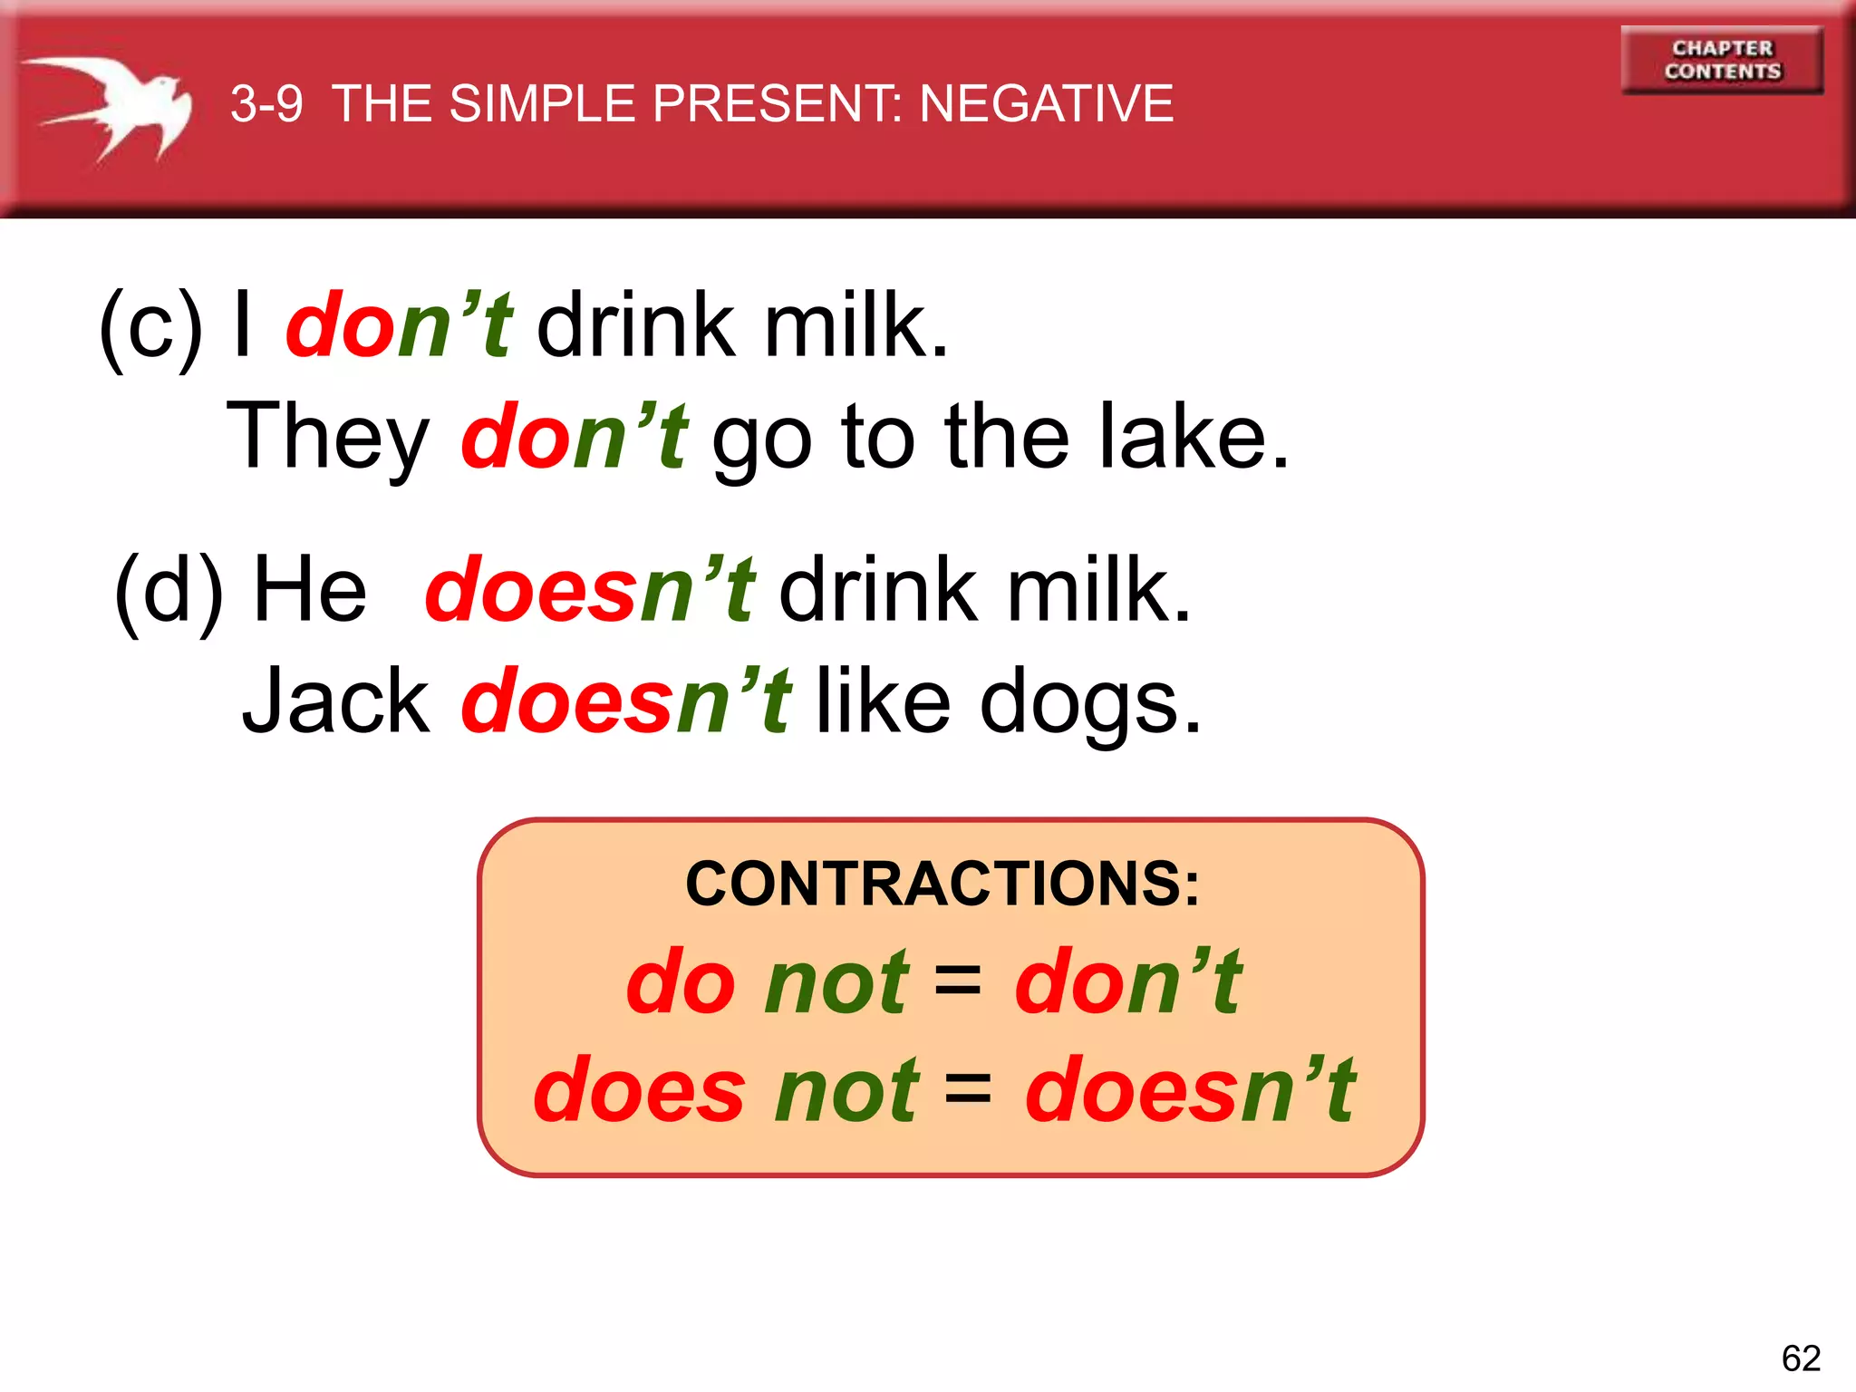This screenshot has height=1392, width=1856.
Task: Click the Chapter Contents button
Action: coord(1722,60)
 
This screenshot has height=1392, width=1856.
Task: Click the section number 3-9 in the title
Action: coord(266,103)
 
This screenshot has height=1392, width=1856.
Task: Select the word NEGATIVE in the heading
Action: coord(1047,103)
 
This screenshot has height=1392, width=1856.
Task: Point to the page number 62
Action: coord(1801,1358)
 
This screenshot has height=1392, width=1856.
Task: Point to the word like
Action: coord(884,700)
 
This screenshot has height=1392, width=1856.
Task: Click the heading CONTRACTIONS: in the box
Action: coord(942,884)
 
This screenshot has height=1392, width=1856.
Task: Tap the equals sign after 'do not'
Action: coord(957,980)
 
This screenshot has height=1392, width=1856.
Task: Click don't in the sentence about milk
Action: coord(400,324)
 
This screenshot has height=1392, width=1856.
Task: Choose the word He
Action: coord(310,589)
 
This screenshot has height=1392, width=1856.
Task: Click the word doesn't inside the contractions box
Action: coord(1190,1088)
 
